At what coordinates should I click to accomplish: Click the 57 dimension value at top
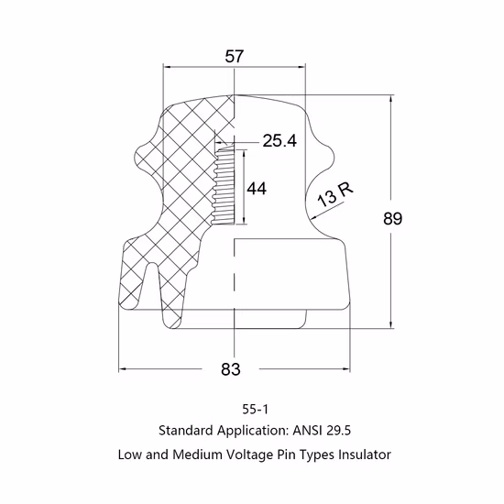coord(234,57)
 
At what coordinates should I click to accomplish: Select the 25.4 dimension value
coord(279,141)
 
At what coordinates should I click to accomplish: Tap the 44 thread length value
coord(257,189)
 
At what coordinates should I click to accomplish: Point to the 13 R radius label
coord(335,195)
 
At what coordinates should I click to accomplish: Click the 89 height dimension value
coord(392,219)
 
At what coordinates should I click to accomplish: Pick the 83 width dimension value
coord(230,369)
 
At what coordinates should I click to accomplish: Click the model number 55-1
coord(255,410)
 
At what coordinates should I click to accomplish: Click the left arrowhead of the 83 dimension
coord(123,369)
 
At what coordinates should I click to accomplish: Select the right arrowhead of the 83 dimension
coord(346,369)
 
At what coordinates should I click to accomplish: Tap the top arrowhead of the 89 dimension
coord(391,99)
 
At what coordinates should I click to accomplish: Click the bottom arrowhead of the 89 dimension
coord(391,325)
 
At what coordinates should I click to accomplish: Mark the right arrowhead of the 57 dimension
coord(301,67)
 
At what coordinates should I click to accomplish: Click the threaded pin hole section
coord(224,186)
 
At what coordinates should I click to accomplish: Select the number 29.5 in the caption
coord(338,430)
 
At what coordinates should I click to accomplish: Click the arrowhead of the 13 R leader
coord(314,219)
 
